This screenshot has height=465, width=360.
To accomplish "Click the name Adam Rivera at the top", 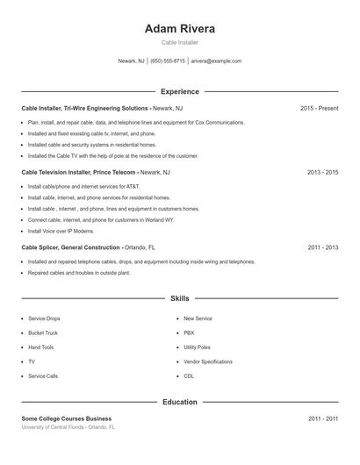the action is click(x=180, y=28).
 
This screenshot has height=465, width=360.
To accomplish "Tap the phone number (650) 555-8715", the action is click(x=168, y=61).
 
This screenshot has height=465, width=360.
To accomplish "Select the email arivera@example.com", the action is click(x=216, y=61).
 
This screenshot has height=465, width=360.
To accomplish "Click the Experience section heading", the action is click(x=180, y=91).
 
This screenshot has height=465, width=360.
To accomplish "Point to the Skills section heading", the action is click(x=180, y=298).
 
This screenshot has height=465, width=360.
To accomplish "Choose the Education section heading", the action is click(x=180, y=402).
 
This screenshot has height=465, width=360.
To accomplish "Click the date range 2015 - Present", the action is click(x=319, y=108).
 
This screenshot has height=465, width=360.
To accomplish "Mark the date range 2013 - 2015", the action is click(x=322, y=173).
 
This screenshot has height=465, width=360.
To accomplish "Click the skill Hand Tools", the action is click(x=41, y=347).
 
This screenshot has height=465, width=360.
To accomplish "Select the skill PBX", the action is click(x=189, y=333).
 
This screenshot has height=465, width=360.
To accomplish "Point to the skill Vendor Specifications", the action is click(x=208, y=361).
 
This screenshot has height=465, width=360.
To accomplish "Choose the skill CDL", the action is click(x=189, y=376).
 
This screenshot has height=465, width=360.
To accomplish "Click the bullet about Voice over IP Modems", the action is click(x=61, y=231).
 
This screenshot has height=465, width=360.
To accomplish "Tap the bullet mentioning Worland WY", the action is click(x=101, y=219).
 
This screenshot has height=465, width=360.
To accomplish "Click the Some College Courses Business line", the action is click(x=67, y=418).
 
